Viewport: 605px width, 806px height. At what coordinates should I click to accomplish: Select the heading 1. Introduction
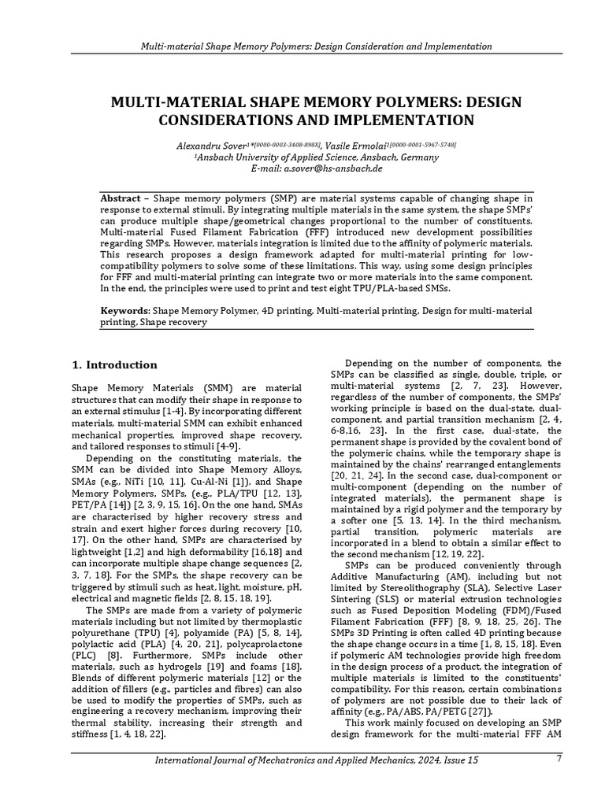(x=114, y=364)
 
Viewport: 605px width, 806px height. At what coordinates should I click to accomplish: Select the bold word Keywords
(x=125, y=311)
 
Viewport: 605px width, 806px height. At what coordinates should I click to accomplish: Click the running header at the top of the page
(x=316, y=46)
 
